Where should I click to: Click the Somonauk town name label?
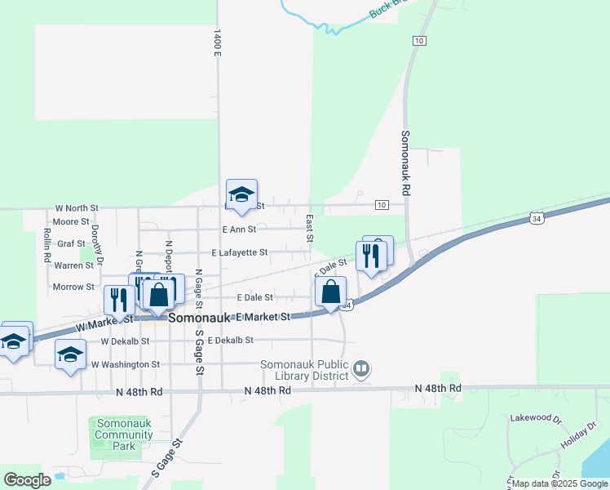pyautogui.click(x=201, y=318)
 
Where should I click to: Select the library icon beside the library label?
pyautogui.click(x=362, y=370)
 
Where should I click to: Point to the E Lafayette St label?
pyautogui.click(x=240, y=253)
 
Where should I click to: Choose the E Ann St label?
pyautogui.click(x=239, y=229)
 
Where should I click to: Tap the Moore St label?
pyautogui.click(x=71, y=221)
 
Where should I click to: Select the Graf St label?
pyautogui.click(x=72, y=243)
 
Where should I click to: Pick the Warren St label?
pyautogui.click(x=74, y=265)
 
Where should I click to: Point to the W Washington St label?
pyautogui.click(x=125, y=364)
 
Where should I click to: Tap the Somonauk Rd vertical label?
pyautogui.click(x=404, y=163)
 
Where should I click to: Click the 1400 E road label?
pyautogui.click(x=217, y=42)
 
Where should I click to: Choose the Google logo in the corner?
pyautogui.click(x=27, y=479)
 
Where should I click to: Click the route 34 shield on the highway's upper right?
pyautogui.click(x=536, y=218)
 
